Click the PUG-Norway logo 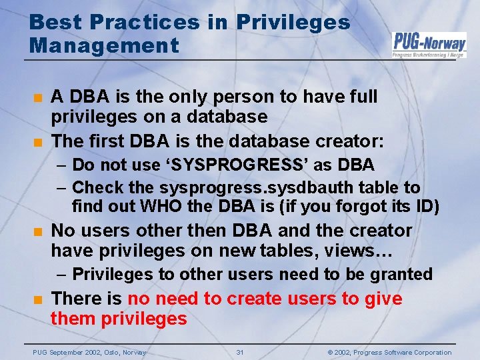(x=429, y=44)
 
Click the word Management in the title (x=104, y=46)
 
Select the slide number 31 (x=240, y=352)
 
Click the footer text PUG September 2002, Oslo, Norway (x=90, y=352)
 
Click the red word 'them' (x=74, y=319)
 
